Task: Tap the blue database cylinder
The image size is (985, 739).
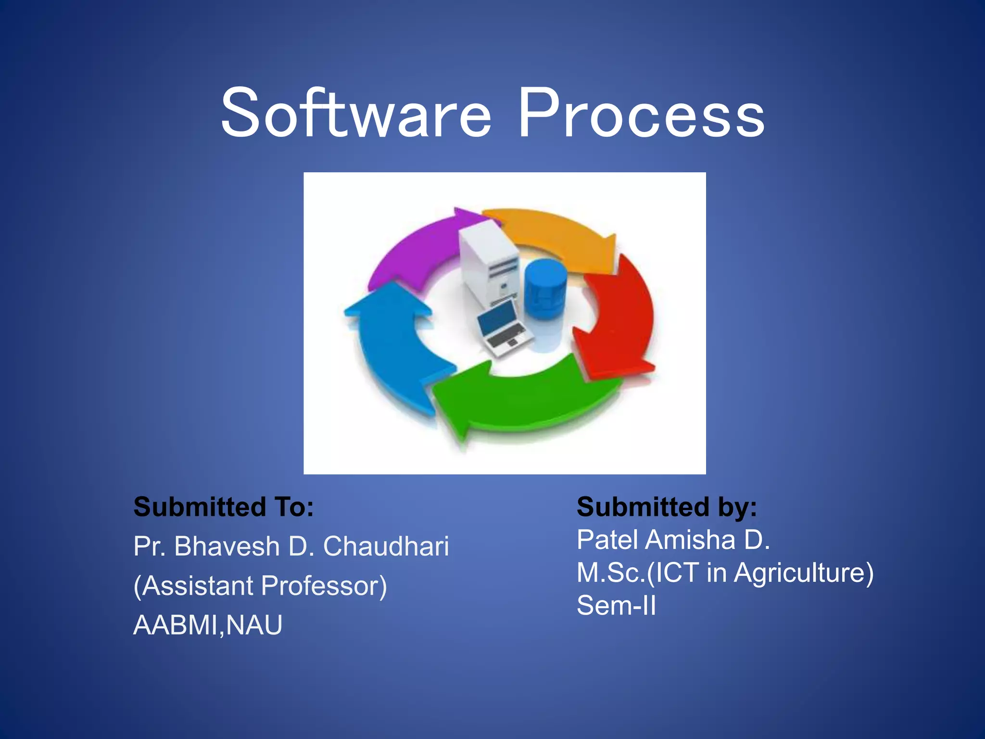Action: coord(544,289)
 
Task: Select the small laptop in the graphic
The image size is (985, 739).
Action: coord(503,327)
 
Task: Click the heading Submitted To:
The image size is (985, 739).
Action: coord(224,507)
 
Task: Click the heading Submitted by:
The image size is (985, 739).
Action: coord(667,507)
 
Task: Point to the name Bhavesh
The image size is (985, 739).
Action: coord(227,547)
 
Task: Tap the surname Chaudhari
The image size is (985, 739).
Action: coord(386,547)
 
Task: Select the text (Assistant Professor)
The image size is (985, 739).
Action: coord(260,586)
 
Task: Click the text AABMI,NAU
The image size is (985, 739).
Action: coord(208,625)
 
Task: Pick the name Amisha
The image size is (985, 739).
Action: coord(690,540)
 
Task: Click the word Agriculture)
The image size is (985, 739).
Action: coord(804,573)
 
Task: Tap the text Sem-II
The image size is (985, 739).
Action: coord(616,606)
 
